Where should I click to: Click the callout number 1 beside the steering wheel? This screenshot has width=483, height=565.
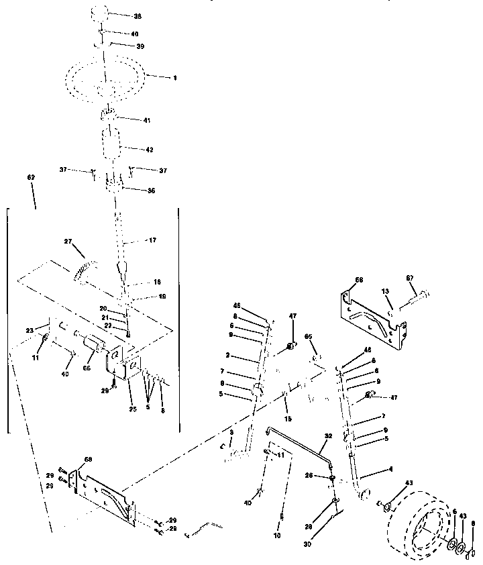pyautogui.click(x=175, y=79)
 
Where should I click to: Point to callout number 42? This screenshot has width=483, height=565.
pyautogui.click(x=150, y=150)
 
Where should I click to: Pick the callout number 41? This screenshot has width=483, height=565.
pyautogui.click(x=146, y=120)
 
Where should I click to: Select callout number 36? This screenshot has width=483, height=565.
pyautogui.click(x=152, y=191)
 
